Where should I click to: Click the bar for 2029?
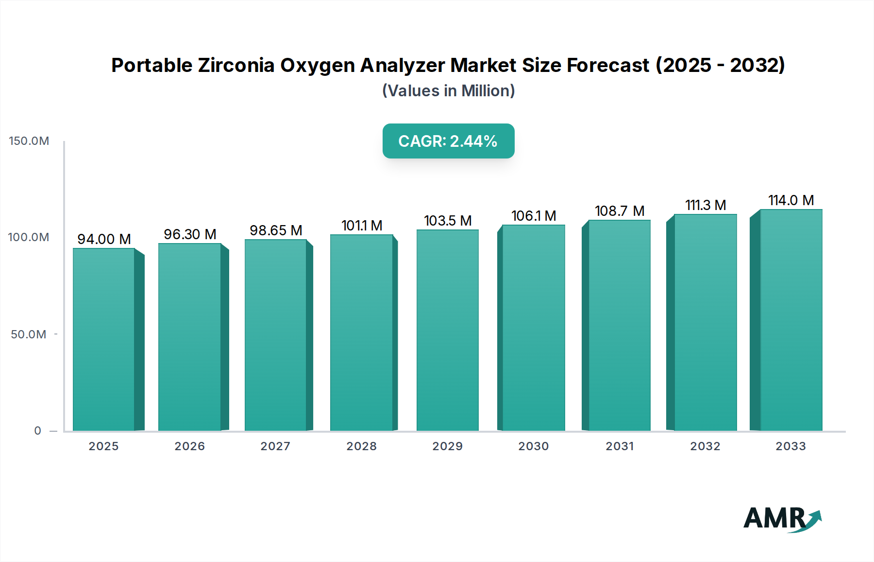tap(447, 330)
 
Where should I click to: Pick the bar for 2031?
tap(619, 325)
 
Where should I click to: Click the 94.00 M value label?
tap(104, 239)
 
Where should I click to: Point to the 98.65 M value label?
tap(276, 230)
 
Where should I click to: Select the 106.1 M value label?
tap(533, 216)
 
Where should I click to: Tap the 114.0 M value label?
tap(790, 200)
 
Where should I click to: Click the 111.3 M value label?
tap(705, 205)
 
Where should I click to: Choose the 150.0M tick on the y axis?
tap(29, 141)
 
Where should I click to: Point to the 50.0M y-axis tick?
tap(29, 334)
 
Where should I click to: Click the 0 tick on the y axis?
tap(38, 431)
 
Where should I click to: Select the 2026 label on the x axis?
tap(189, 446)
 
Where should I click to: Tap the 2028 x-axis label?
tap(361, 446)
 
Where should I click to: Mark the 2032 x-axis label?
tap(705, 446)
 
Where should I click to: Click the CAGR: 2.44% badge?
tap(448, 141)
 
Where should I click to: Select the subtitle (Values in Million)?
tap(448, 91)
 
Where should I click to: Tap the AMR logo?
tap(782, 519)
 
